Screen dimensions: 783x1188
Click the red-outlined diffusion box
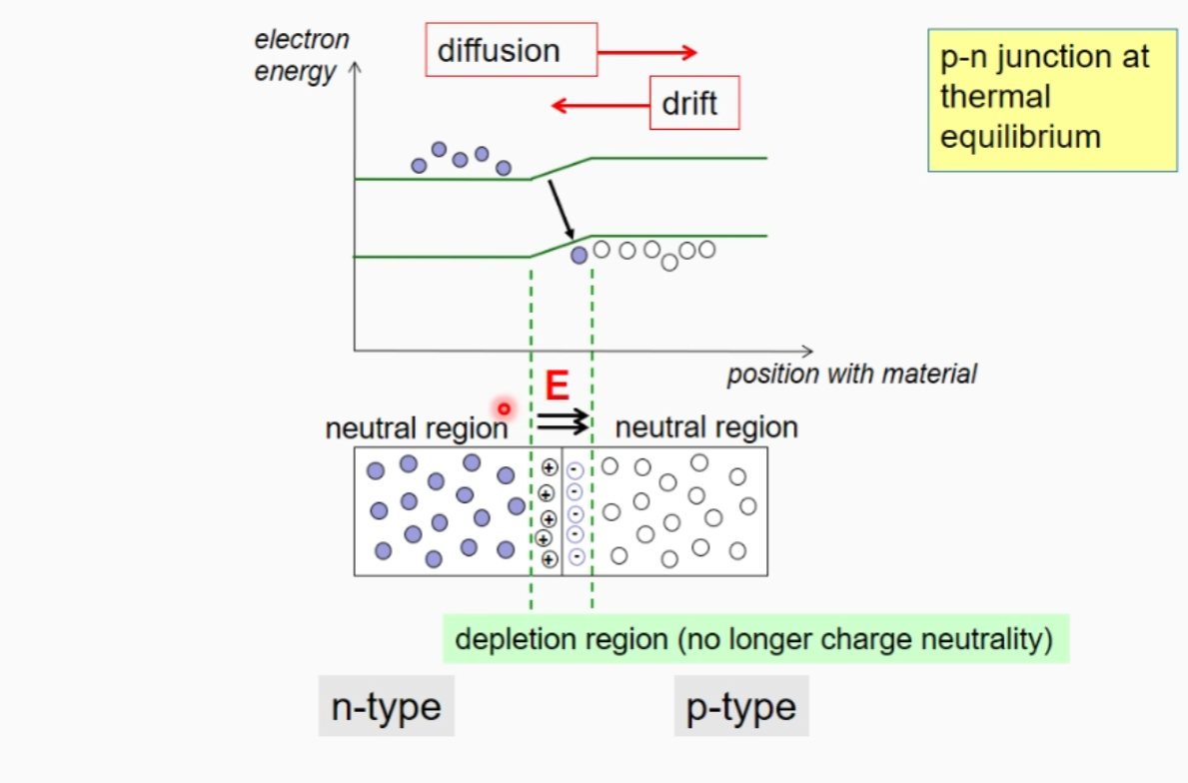pos(511,50)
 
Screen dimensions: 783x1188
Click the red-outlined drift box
pos(694,103)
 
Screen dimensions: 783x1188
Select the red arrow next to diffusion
pos(646,52)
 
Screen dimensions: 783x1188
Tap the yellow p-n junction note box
pos(1052,97)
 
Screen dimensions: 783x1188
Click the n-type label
pos(386,706)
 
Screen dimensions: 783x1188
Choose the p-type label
pos(740,706)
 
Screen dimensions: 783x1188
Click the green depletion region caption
pos(755,638)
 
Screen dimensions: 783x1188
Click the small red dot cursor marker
pos(504,407)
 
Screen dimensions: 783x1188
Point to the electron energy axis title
pos(301,56)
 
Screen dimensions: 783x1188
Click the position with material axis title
pos(851,375)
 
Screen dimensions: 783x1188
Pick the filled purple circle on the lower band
pos(579,256)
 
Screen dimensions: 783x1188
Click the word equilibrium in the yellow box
pos(1020,136)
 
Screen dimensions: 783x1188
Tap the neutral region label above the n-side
pos(416,428)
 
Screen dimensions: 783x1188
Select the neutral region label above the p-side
pos(706,427)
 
